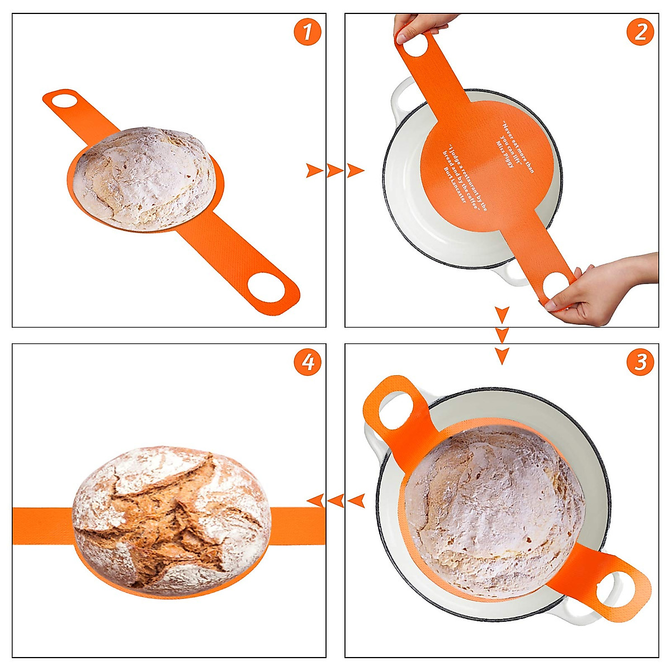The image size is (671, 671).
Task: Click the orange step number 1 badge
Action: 308,32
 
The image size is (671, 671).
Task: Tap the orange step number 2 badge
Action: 640,32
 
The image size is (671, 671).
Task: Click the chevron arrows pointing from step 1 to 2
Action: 335,170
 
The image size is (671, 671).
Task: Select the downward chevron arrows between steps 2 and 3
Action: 502,335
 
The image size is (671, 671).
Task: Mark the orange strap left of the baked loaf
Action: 42,526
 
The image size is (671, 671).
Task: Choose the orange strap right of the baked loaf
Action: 298,526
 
